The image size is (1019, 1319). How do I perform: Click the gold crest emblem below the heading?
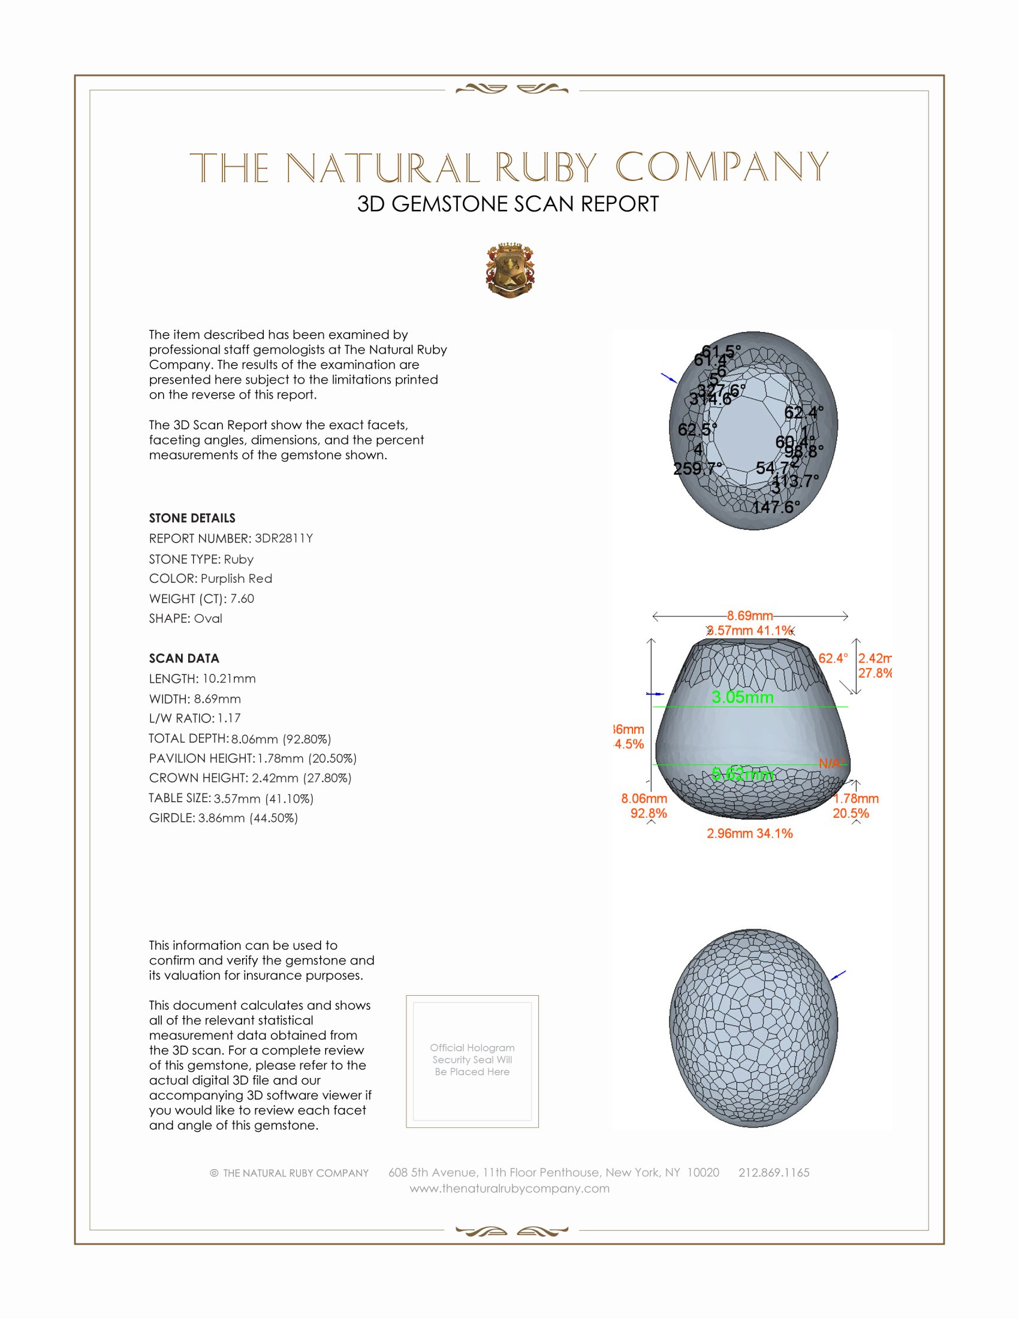[510, 270]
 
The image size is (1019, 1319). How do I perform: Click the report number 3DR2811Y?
[284, 538]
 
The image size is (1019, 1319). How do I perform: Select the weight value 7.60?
[242, 598]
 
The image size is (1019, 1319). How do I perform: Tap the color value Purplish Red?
[237, 579]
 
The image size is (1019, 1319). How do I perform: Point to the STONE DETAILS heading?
[192, 518]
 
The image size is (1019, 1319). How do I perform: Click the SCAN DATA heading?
[184, 658]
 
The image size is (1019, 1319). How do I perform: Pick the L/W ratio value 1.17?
[230, 719]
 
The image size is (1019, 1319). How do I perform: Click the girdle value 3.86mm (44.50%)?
[248, 818]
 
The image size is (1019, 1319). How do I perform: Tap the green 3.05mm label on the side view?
[743, 697]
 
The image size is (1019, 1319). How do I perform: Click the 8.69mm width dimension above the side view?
[750, 615]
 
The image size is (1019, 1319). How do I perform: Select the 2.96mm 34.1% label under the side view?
[750, 833]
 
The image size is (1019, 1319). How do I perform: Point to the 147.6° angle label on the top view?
[776, 507]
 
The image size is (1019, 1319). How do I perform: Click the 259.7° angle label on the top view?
[698, 469]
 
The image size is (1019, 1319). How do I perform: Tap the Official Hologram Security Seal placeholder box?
[472, 1062]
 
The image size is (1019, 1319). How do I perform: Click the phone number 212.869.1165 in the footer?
[774, 1173]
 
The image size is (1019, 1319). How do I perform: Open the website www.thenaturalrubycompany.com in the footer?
[509, 1188]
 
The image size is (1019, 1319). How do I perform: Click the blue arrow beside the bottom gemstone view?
[839, 975]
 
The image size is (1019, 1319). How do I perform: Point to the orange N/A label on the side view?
[831, 763]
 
